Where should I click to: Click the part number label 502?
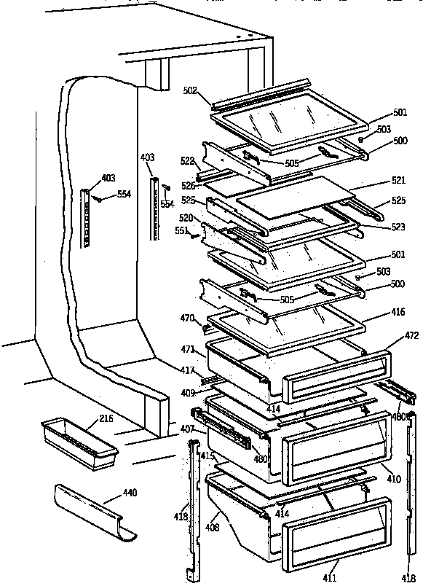pos(189,91)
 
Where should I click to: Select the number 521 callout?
pos(398,180)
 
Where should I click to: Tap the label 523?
pos(398,227)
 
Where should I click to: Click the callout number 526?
pos(189,186)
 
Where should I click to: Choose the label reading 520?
pos(187,219)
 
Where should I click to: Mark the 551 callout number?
pos(181,231)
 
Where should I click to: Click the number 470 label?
pos(188,318)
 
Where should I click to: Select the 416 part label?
pos(398,311)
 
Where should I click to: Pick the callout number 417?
pos(188,370)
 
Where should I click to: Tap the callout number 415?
pos(208,456)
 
